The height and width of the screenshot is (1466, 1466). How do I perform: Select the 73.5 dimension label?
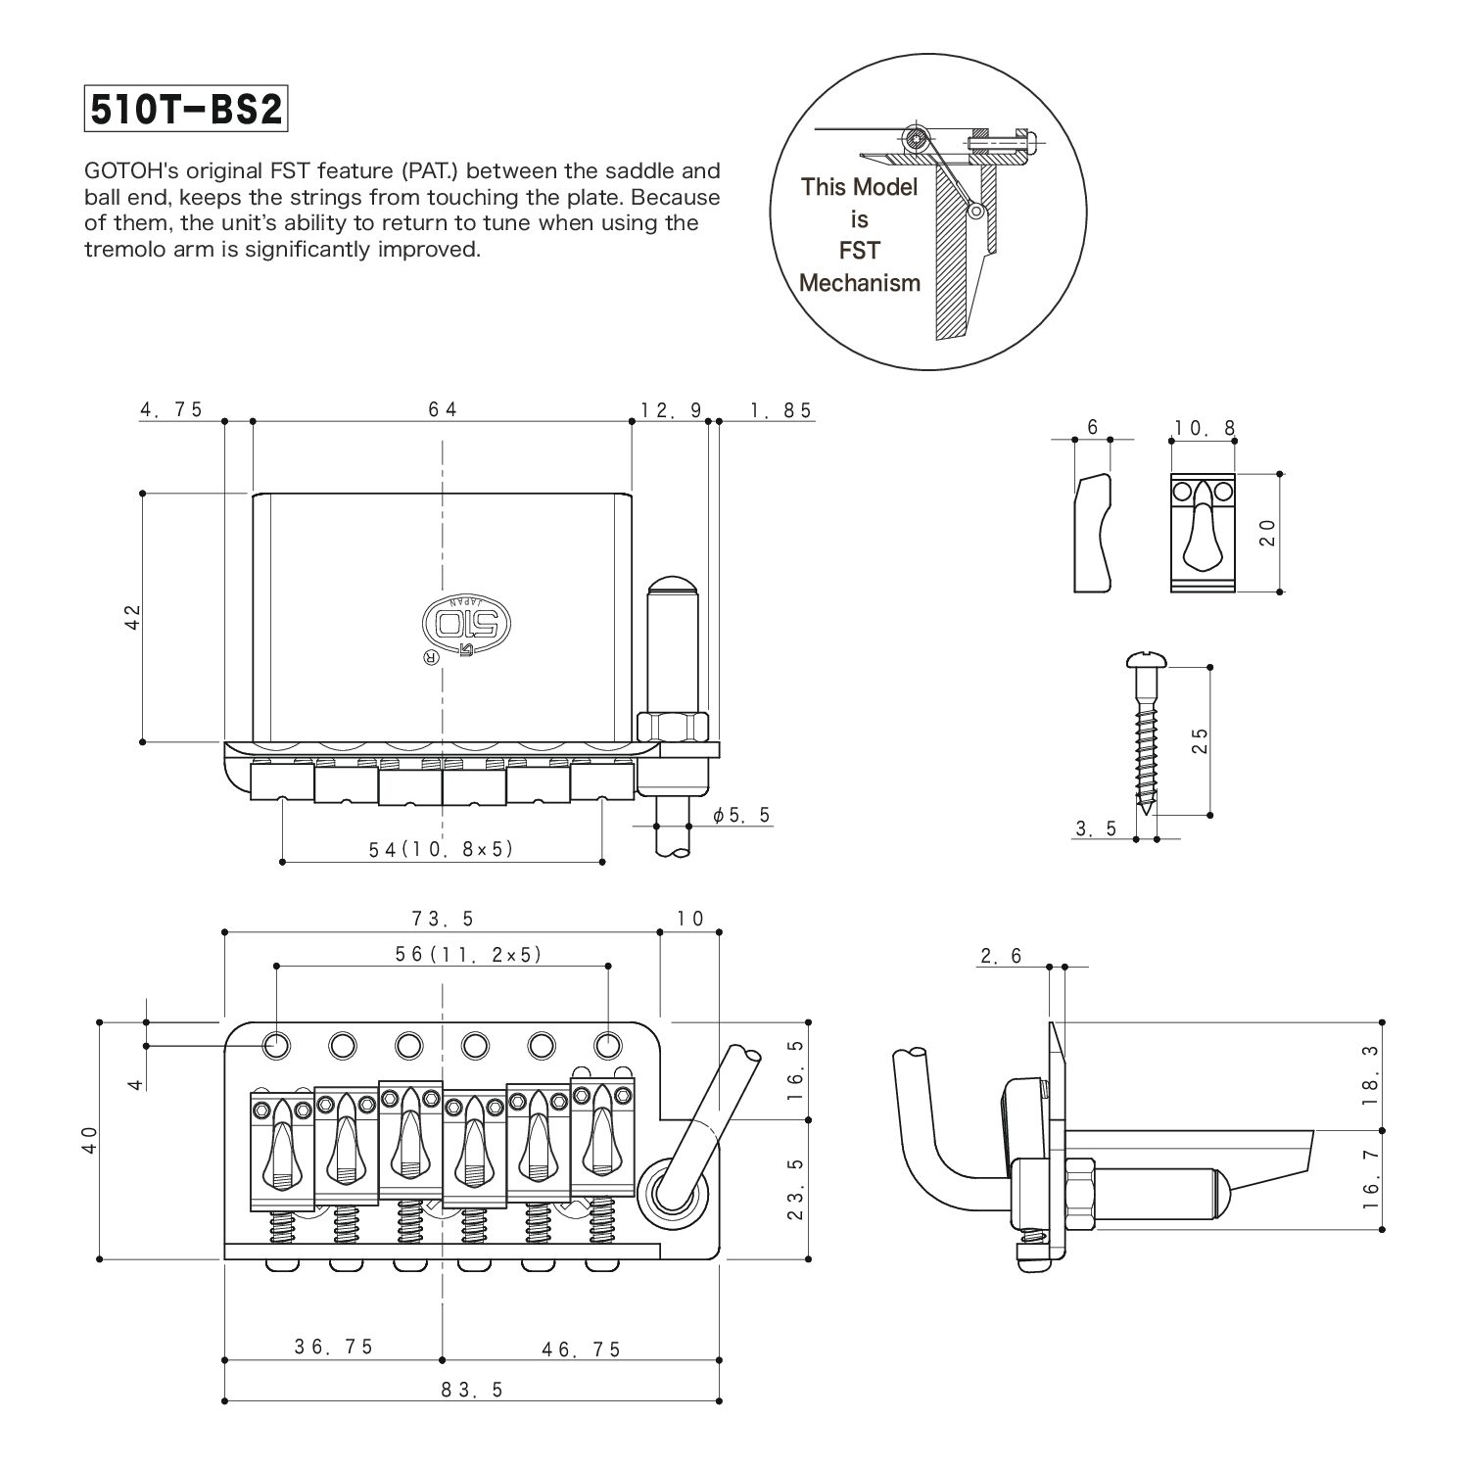point(443,919)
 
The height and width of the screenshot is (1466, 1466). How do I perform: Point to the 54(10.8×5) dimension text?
point(442,849)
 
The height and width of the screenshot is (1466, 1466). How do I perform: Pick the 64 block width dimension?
point(443,409)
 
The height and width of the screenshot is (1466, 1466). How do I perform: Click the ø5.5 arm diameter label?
point(742,815)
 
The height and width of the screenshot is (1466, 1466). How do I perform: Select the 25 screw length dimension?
point(1202,739)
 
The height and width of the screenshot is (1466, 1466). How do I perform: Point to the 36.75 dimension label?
point(334,1348)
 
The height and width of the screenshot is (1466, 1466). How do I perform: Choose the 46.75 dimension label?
point(582,1349)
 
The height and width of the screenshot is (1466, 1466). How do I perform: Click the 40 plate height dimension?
point(89,1139)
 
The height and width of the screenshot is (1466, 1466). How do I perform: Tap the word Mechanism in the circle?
point(860,283)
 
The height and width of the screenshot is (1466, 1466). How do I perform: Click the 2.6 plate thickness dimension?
point(1001,956)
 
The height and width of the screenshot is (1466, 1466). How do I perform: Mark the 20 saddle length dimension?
point(1266,532)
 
